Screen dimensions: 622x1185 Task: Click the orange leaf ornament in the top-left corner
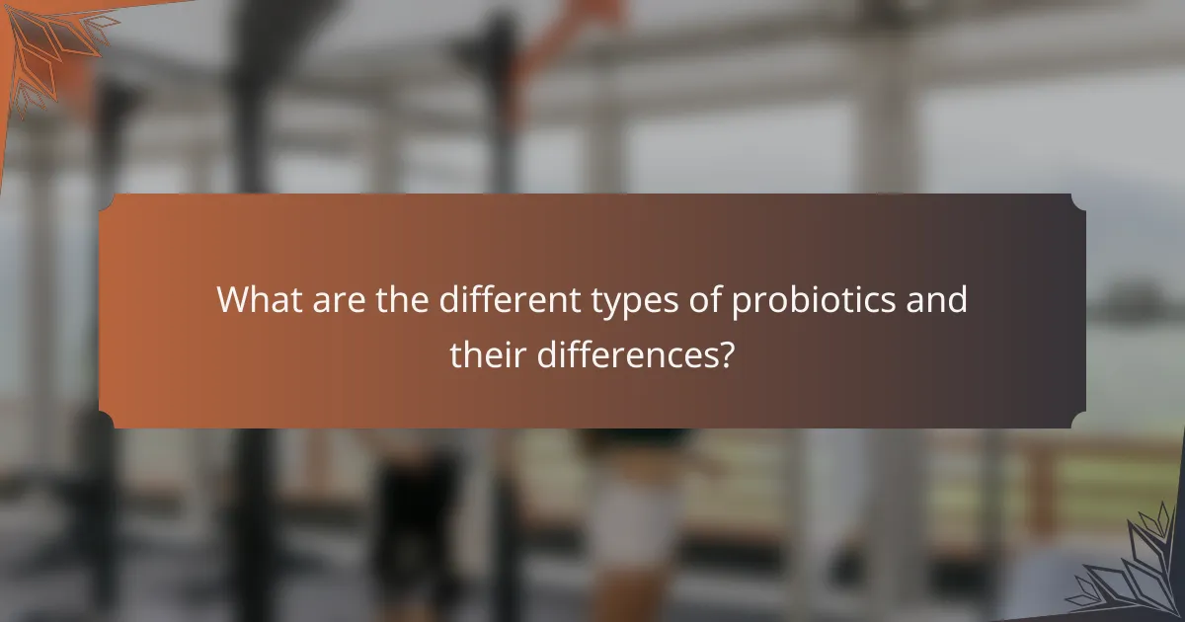[x=49, y=44]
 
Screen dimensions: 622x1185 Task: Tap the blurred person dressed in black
[x=415, y=513]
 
